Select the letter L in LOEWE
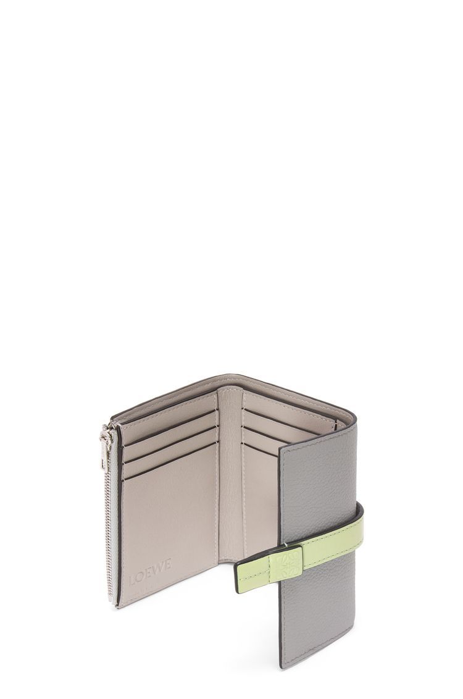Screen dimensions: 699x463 coord(132,580)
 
